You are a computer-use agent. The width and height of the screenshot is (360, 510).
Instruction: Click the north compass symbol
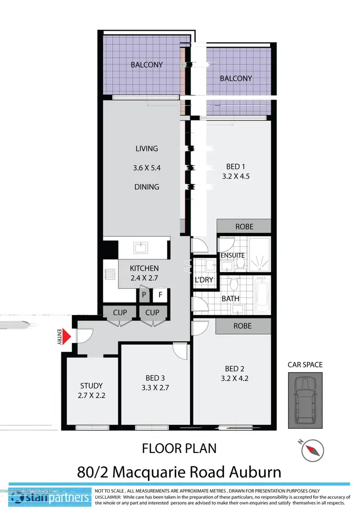[x=313, y=449]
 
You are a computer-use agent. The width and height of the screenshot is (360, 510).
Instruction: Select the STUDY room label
[x=91, y=386]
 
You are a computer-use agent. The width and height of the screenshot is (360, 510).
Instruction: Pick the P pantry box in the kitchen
[x=144, y=294]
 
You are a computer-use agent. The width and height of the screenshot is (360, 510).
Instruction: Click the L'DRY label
[x=204, y=279]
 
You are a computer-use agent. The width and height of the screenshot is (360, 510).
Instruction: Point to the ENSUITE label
[x=232, y=255]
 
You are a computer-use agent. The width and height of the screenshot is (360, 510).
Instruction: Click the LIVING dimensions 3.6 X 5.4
[x=146, y=168]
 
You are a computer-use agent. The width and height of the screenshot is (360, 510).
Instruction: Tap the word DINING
[x=146, y=187]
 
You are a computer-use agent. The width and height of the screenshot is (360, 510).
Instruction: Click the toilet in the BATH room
[x=234, y=285]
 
